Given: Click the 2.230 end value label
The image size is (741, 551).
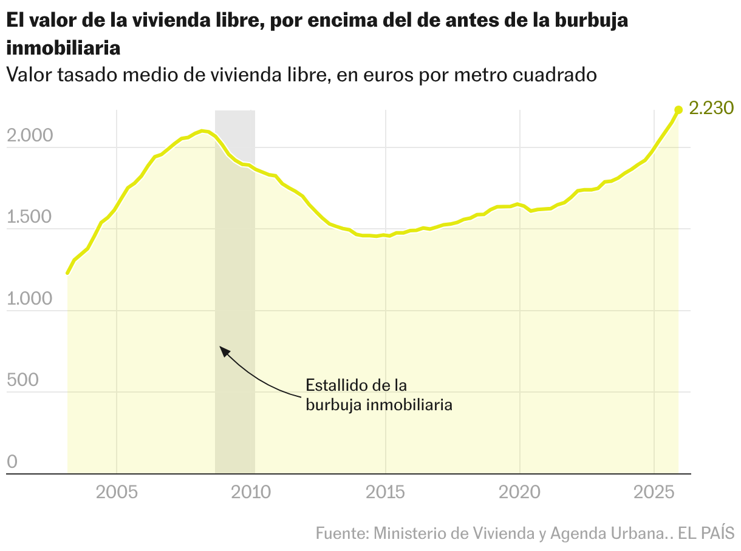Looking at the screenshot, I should coord(711,108).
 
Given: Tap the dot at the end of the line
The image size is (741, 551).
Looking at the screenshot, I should coord(678,110).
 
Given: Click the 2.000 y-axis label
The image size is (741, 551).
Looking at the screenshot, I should coord(31,137).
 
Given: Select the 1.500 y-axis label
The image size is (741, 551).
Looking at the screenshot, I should coord(30,218).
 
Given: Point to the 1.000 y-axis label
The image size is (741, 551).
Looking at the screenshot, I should coord(31,299).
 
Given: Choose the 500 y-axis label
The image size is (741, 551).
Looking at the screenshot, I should coord(23,380).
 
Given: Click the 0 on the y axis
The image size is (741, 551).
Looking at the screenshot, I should coord(13,462).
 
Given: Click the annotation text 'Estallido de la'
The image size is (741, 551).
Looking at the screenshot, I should coord(355,385).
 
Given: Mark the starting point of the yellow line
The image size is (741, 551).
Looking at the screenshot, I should coord(67,273).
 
